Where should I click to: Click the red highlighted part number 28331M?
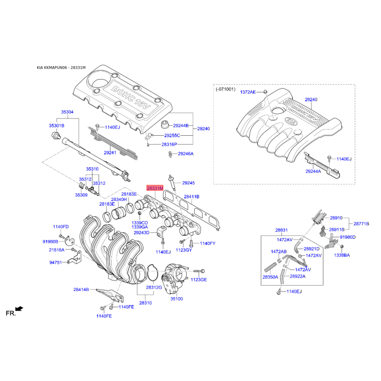[155, 188]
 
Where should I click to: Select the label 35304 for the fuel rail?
[67, 112]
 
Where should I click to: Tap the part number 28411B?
[191, 197]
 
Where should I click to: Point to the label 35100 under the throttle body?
[177, 299]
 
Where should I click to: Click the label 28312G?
[154, 288]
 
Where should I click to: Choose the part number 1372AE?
[248, 92]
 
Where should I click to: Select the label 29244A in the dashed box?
[313, 171]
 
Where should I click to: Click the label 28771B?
[361, 223]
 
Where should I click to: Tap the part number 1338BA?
[342, 255]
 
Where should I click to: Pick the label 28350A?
[270, 277]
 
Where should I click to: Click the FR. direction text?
[10, 313]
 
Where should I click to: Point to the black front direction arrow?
[19, 309]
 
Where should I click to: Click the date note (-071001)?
[225, 89]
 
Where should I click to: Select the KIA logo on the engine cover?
[291, 121]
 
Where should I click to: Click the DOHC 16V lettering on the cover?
[131, 98]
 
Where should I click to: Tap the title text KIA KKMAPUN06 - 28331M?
[61, 68]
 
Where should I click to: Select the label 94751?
[56, 262]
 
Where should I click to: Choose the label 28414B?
[81, 290]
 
